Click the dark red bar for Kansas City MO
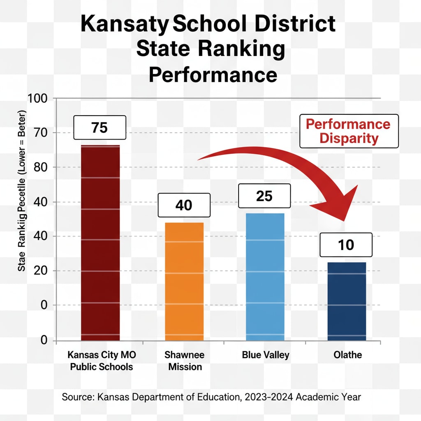[x=100, y=243]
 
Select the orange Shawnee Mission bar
[x=184, y=282]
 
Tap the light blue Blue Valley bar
[x=265, y=276]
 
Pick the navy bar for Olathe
[x=346, y=301]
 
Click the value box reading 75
[x=99, y=128]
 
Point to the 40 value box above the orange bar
[x=183, y=205]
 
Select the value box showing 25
[x=264, y=196]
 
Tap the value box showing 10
[x=346, y=245]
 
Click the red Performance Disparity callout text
[x=349, y=131]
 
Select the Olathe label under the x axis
[x=348, y=355]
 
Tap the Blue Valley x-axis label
[x=266, y=355]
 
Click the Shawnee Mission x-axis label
[x=185, y=361]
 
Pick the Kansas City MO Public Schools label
[x=101, y=361]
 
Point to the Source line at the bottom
[x=211, y=397]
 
